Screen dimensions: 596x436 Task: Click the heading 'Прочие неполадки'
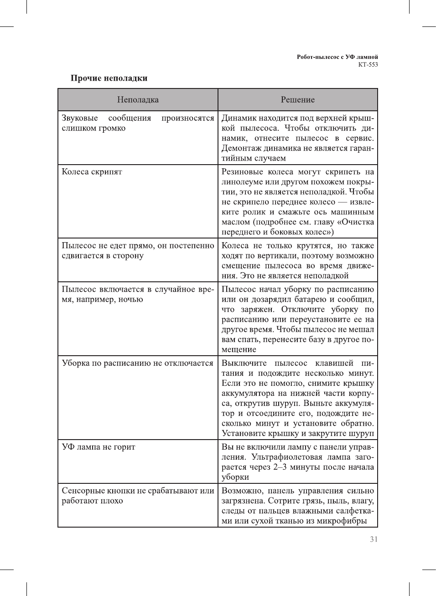109,78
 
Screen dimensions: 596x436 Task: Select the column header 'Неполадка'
138,100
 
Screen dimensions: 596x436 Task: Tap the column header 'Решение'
297,100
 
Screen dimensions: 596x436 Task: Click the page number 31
374,539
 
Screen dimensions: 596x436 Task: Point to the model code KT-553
368,64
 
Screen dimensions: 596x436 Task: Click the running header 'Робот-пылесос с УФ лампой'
337,57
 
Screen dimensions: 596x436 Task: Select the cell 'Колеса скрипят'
92,172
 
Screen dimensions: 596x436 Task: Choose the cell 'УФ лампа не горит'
99,447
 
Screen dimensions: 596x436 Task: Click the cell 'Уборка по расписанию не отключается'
137,363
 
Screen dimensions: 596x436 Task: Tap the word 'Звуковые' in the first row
80,118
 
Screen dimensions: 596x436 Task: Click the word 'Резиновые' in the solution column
242,172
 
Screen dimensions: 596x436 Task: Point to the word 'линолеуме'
243,182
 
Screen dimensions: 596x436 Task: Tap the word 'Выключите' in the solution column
244,363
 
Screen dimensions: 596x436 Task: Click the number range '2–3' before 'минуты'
280,467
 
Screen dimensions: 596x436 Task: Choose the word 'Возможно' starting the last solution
242,491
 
